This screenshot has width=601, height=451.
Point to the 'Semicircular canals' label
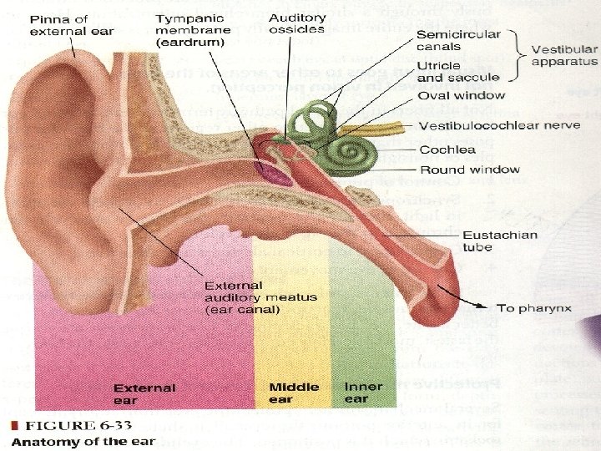click(x=458, y=41)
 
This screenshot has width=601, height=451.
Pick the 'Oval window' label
click(x=461, y=95)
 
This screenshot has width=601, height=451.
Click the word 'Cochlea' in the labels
click(x=447, y=149)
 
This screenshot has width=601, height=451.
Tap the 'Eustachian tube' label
click(x=499, y=241)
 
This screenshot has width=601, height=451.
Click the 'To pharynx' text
click(x=534, y=308)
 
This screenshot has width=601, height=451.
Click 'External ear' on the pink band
click(x=144, y=393)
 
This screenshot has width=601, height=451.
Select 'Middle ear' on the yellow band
click(x=294, y=393)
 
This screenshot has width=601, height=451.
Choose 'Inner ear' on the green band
click(x=363, y=393)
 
